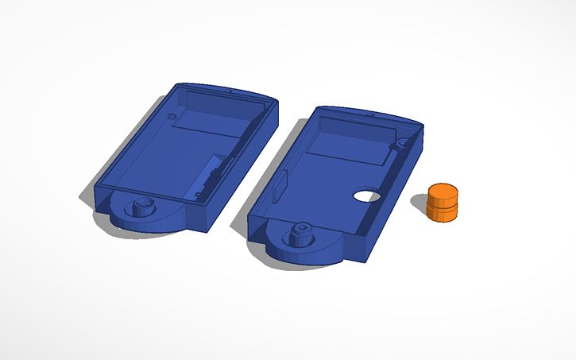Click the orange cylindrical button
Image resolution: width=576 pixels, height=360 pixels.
[443, 203]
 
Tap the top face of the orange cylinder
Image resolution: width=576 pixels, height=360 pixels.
[443, 192]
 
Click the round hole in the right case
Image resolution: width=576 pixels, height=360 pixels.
[366, 195]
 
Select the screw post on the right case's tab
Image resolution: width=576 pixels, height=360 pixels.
[301, 233]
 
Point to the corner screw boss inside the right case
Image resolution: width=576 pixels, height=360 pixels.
[403, 145]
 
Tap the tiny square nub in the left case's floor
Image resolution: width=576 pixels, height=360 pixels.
[172, 118]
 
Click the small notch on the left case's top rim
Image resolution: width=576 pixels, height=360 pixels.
[229, 92]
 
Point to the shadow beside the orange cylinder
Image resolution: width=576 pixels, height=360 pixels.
[421, 208]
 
